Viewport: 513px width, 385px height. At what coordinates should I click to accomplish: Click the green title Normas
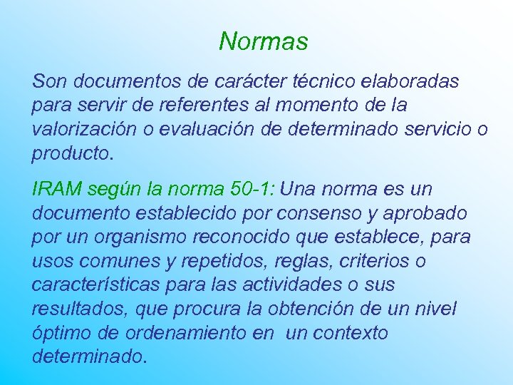coord(263,41)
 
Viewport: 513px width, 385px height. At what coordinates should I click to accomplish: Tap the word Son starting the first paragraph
coord(48,81)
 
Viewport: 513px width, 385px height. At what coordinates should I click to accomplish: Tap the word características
coord(95,284)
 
